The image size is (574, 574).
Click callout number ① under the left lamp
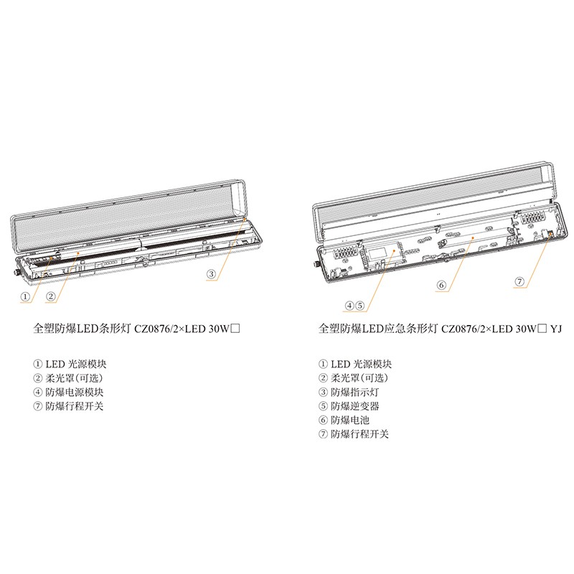coord(25,296)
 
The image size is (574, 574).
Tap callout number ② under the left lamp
coord(50,296)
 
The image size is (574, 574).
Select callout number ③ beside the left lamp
coord(211,274)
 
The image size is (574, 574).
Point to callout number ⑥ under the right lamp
coord(442,285)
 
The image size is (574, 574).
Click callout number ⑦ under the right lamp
coord(519,281)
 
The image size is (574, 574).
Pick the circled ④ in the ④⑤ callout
coord(349,306)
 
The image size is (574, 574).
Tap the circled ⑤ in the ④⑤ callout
coord(360,306)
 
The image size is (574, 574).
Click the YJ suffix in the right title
coord(555,329)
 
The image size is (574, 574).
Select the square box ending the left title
coord(236,329)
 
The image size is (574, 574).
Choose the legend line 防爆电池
coord(350,420)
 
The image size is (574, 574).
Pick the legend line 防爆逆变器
coord(354,406)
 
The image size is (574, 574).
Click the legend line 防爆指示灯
coord(354,392)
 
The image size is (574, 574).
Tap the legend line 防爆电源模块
coord(75,392)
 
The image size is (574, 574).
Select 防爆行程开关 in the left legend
coord(75,406)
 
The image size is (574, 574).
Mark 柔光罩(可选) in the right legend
coord(359,378)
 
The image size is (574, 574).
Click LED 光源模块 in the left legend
coord(76,364)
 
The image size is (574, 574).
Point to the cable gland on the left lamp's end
coord(16,273)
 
